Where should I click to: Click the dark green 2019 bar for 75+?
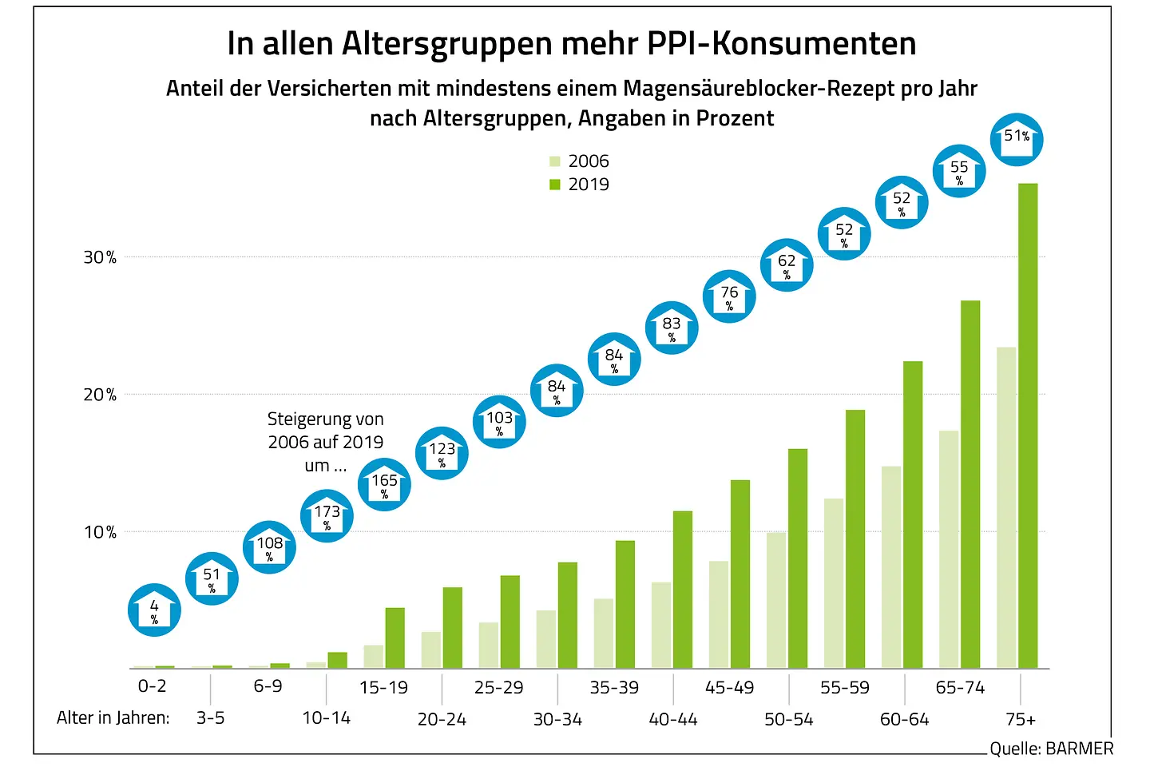(x=1028, y=426)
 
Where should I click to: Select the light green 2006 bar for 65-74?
(x=949, y=550)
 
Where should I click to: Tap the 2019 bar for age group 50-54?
(x=798, y=558)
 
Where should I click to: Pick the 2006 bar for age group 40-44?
(x=661, y=626)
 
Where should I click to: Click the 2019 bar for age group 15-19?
(x=395, y=638)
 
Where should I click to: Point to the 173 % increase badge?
(x=327, y=516)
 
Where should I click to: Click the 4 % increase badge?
(x=154, y=610)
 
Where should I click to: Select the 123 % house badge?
(x=442, y=453)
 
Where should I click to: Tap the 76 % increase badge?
(x=729, y=296)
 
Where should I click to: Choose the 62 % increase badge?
(x=787, y=264)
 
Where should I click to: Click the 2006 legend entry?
(x=580, y=161)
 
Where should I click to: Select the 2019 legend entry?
(x=580, y=185)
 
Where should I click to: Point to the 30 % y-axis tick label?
(x=100, y=257)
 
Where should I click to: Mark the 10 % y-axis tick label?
(x=100, y=532)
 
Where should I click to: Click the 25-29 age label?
(x=499, y=687)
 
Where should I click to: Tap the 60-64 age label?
(x=904, y=719)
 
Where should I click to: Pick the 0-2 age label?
(x=153, y=686)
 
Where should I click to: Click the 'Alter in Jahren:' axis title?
(x=113, y=717)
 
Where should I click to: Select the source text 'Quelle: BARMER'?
(x=1051, y=749)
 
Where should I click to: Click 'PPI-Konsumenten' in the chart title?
(x=781, y=44)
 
